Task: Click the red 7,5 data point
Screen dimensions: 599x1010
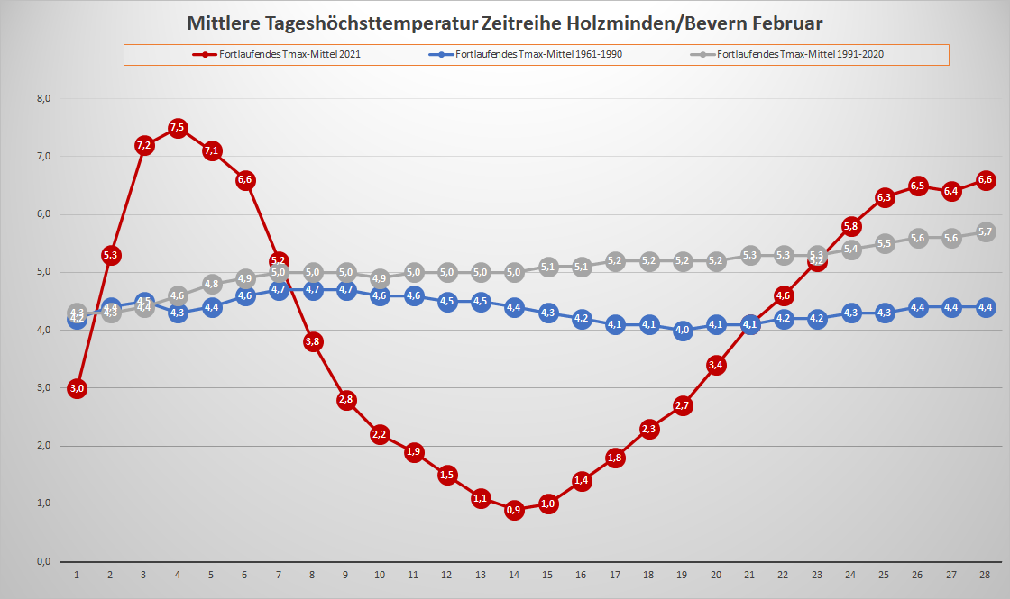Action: coord(178,128)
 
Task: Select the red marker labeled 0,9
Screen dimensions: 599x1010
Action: coord(514,510)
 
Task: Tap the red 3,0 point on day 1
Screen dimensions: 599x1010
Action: coord(77,388)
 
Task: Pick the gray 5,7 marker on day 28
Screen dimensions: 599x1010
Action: coord(986,231)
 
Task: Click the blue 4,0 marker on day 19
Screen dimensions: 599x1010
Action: coord(683,330)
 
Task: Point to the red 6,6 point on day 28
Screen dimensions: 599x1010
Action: coord(986,180)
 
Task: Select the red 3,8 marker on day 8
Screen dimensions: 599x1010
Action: coord(313,341)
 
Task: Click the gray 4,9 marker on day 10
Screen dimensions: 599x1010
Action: coord(380,278)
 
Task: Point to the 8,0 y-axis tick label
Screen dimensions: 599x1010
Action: coord(42,98)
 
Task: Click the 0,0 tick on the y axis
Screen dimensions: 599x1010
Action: coord(42,562)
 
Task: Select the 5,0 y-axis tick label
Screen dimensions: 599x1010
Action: coord(42,272)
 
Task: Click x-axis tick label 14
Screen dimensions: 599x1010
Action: coord(514,575)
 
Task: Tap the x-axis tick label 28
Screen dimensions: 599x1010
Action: coord(986,575)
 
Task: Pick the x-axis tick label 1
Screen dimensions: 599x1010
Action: coord(77,575)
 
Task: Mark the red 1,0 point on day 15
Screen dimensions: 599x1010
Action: coord(547,504)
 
